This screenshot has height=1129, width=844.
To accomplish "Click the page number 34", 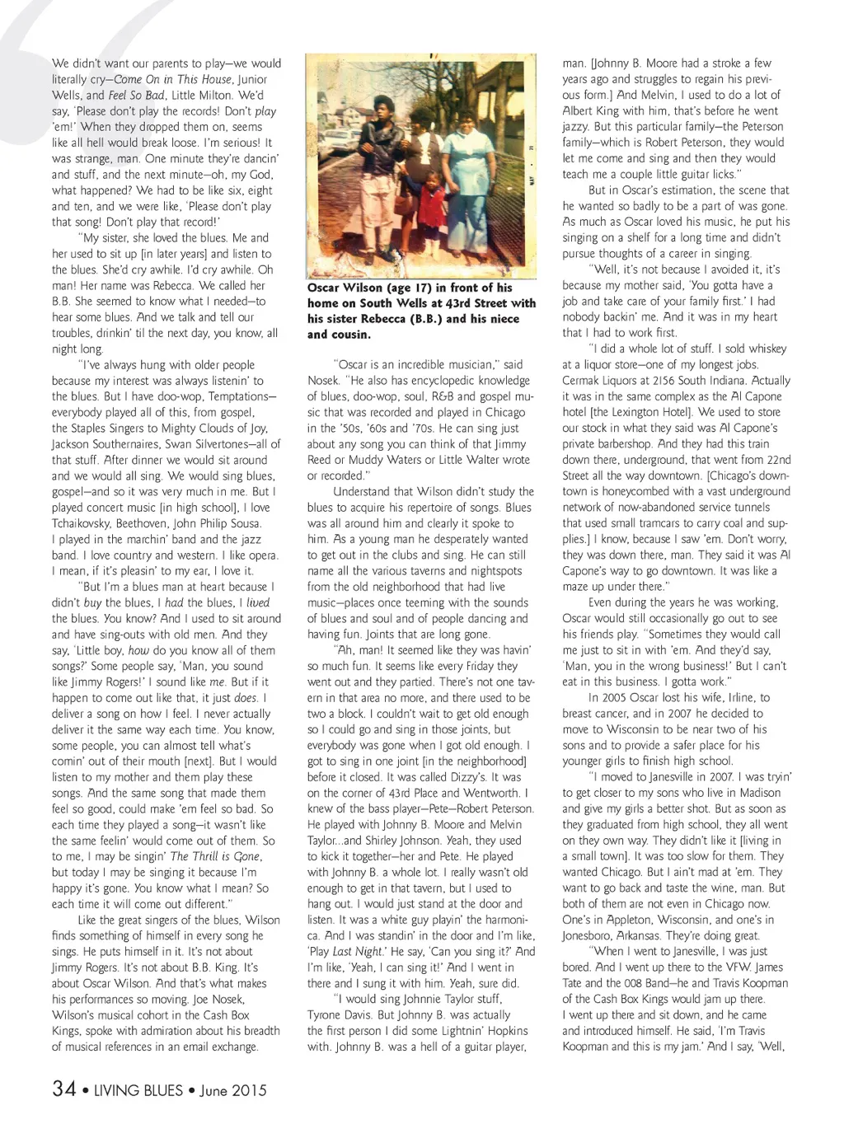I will pyautogui.click(x=63, y=1089).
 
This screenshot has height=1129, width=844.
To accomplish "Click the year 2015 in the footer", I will pyautogui.click(x=246, y=1089).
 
